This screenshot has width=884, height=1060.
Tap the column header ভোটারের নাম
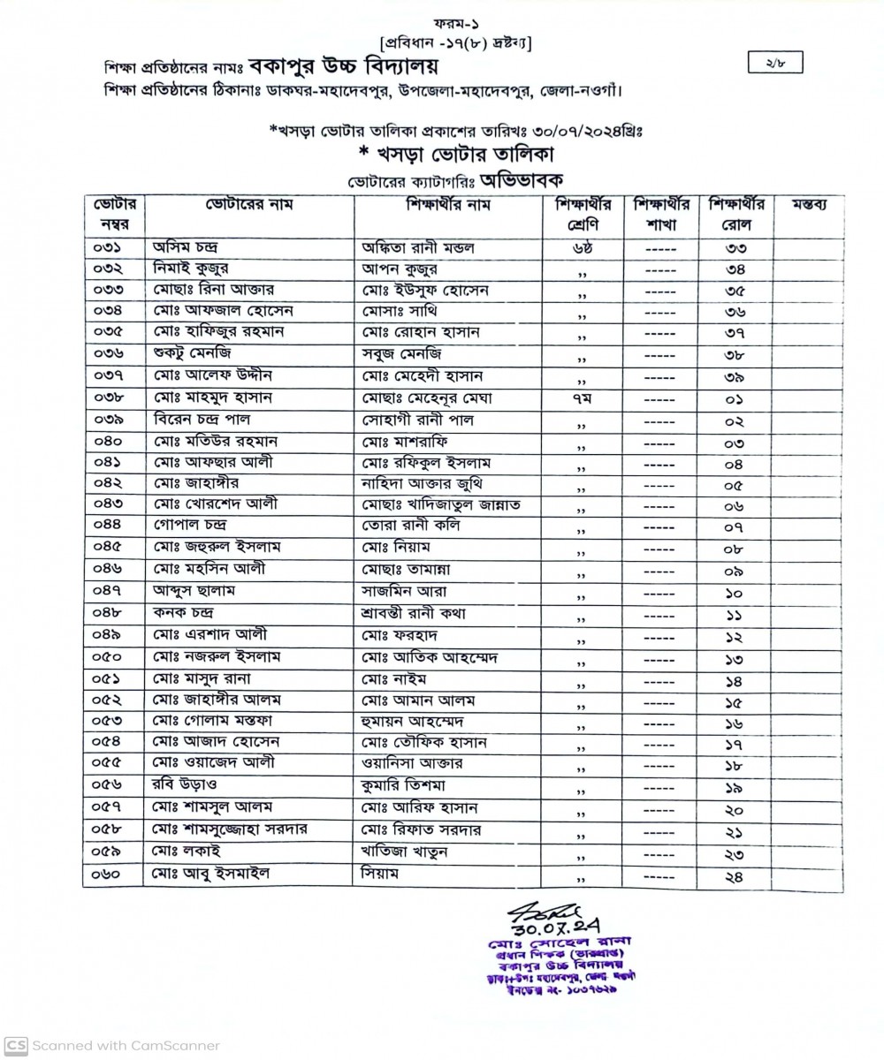click(248, 205)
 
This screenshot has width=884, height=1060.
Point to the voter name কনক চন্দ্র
click(184, 612)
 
